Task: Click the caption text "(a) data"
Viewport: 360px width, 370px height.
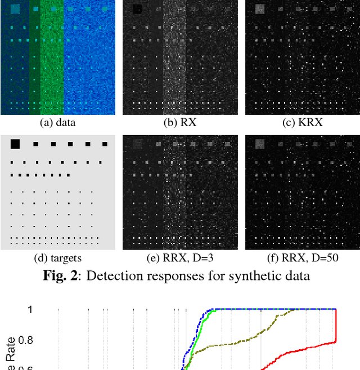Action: click(57, 122)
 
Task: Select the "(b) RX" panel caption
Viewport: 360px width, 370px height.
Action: click(180, 122)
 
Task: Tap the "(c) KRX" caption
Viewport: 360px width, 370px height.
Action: click(303, 122)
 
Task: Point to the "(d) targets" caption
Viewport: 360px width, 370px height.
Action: click(57, 258)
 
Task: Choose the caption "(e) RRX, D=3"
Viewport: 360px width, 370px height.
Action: click(180, 258)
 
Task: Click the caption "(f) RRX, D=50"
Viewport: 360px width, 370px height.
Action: click(303, 258)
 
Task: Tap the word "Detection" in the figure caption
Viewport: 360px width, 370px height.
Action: click(116, 275)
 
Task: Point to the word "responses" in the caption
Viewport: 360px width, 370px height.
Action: click(177, 275)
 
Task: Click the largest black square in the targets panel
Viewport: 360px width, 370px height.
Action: click(15, 144)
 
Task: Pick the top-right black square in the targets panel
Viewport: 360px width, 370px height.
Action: click(105, 144)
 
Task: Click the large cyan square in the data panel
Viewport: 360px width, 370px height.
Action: click(15, 8)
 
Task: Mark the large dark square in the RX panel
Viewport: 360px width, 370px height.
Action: click(137, 9)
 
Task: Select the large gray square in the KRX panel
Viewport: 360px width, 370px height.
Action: click(259, 8)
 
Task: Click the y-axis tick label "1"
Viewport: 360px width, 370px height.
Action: click(30, 309)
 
